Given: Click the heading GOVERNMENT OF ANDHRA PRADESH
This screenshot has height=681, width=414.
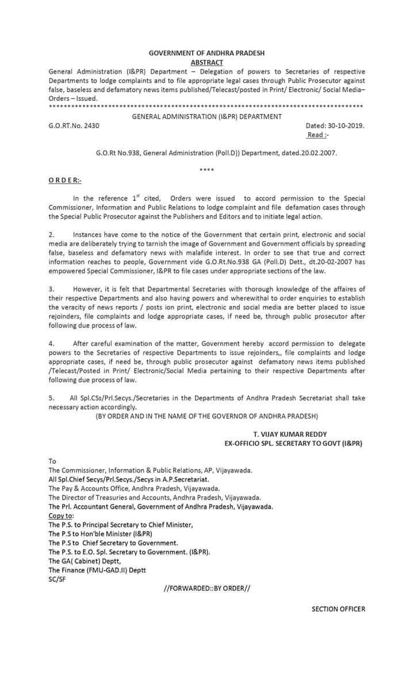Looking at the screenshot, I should coord(206,53).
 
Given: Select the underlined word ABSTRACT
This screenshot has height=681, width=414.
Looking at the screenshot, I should coord(206,62).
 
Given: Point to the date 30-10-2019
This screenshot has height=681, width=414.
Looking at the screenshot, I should coord(344,125).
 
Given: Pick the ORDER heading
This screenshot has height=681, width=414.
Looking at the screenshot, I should coord(65,180).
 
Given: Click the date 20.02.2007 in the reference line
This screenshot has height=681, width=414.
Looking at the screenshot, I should coord(316,153).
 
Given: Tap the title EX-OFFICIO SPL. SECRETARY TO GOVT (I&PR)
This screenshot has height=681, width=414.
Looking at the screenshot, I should coord(293,444).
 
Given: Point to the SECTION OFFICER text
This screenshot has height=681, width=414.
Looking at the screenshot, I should coord(338,609).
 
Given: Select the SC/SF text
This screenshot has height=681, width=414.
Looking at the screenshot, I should coord(59,579).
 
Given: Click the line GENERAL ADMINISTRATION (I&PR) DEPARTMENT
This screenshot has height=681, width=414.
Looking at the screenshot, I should coord(206,116).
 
